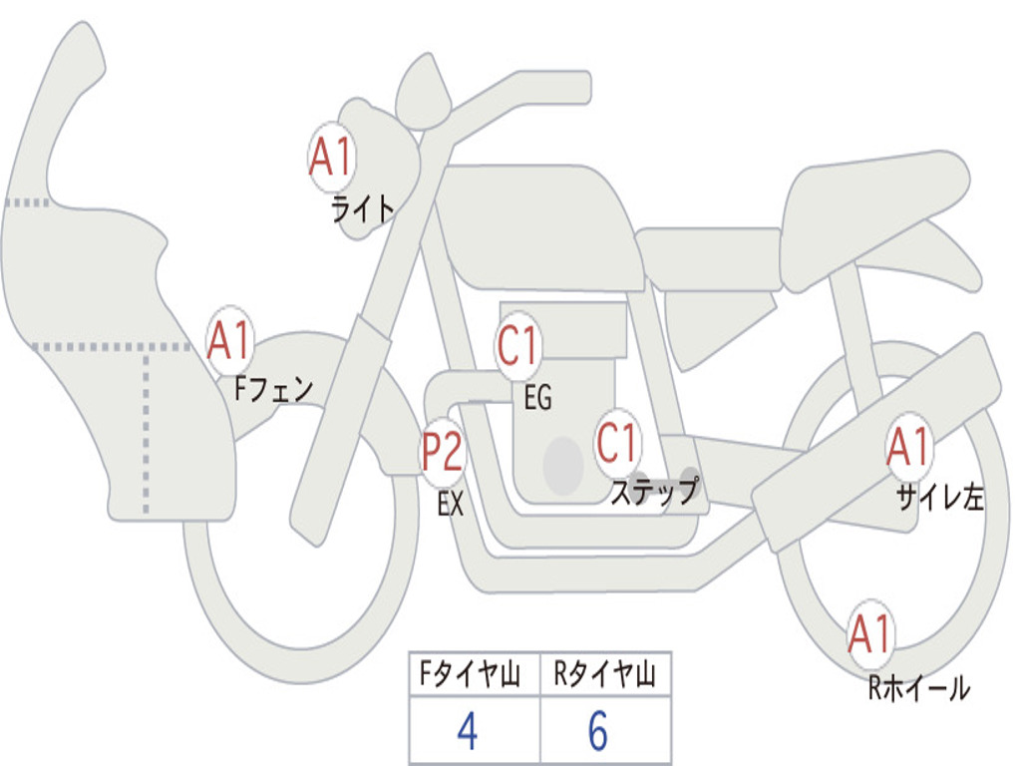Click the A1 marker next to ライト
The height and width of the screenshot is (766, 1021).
(x=332, y=157)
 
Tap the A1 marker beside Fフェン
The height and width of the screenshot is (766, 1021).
(x=230, y=340)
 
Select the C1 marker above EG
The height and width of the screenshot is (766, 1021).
(x=518, y=345)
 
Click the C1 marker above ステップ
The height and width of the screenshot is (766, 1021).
(x=616, y=444)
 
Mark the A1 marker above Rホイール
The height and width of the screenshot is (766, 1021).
(x=870, y=634)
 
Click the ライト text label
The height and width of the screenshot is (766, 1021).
(x=363, y=209)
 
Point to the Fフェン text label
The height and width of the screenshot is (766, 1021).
(x=273, y=390)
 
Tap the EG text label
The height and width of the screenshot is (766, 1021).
(x=537, y=397)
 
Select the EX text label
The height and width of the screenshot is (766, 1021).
(x=451, y=504)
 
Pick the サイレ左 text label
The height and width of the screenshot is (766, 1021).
(x=939, y=498)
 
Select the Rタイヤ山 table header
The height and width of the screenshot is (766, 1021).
(x=604, y=673)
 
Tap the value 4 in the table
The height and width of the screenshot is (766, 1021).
(x=468, y=731)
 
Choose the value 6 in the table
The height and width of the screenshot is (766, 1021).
(x=598, y=731)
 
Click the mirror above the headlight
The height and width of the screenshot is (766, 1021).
(x=423, y=92)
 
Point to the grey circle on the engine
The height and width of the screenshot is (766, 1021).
(x=563, y=466)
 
